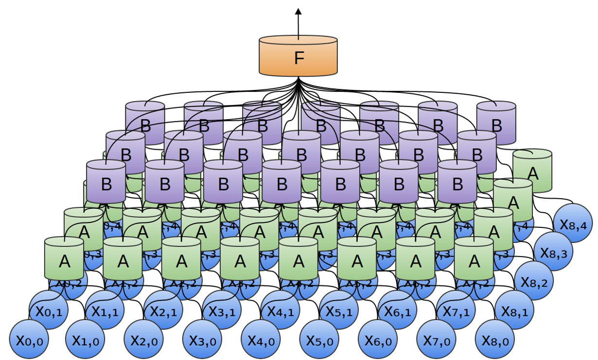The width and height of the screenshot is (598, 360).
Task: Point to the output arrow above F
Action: (298, 22)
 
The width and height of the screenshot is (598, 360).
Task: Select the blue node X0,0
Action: (29, 339)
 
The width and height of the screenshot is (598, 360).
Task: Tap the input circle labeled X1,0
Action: (85, 339)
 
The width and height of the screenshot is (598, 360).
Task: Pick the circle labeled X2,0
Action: (143, 339)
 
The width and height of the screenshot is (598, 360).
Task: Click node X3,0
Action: (202, 339)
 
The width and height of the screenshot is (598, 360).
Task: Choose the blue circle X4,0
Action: (261, 339)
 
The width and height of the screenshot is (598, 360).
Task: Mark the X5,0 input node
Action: (319, 339)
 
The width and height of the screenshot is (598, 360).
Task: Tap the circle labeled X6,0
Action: (378, 339)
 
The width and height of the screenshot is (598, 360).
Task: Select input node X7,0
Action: (436, 339)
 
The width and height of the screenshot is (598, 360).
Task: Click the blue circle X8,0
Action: (495, 339)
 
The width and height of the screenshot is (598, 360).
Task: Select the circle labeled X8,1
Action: (514, 309)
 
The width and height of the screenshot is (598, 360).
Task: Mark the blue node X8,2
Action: (534, 281)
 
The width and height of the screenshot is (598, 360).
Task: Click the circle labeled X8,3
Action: (553, 252)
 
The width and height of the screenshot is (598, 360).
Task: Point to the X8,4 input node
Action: (573, 223)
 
